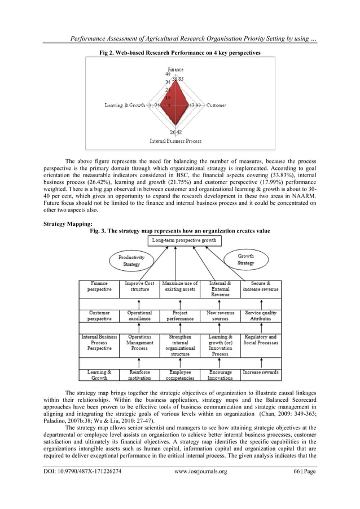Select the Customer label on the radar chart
(217, 105)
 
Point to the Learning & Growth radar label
(124, 105)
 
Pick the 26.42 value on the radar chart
(175, 132)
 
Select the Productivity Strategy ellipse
(131, 261)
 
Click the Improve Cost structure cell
(139, 286)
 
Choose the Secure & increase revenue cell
(261, 286)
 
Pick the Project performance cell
(180, 315)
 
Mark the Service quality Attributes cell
(261, 315)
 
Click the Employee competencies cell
(180, 375)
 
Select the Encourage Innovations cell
(221, 375)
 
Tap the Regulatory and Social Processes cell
(261, 340)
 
